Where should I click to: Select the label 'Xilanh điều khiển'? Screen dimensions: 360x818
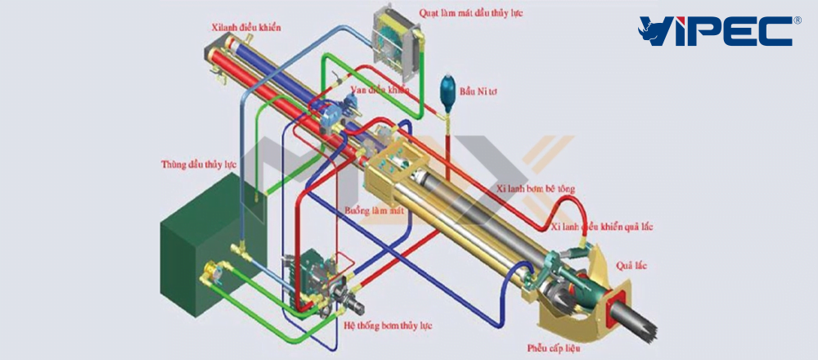pos(246,28)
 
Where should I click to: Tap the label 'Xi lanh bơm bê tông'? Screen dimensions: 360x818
pos(536,189)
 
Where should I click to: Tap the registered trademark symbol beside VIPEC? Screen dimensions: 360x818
pos(797,20)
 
